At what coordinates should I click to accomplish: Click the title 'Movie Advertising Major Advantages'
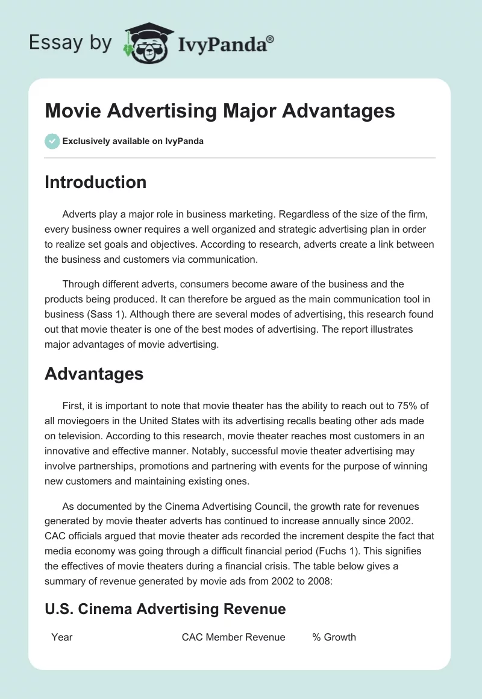click(219, 111)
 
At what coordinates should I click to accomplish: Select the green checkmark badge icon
click(52, 141)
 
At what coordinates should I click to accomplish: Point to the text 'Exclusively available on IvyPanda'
click(133, 141)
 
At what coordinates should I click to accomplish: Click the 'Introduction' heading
click(95, 182)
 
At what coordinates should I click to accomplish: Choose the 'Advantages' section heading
click(94, 374)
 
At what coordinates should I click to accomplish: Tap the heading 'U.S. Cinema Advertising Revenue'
click(165, 609)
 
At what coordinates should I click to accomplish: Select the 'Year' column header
click(62, 637)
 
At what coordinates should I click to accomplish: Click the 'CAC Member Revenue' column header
click(233, 637)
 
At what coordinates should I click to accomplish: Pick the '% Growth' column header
click(334, 637)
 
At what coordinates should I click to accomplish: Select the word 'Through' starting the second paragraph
click(82, 284)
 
